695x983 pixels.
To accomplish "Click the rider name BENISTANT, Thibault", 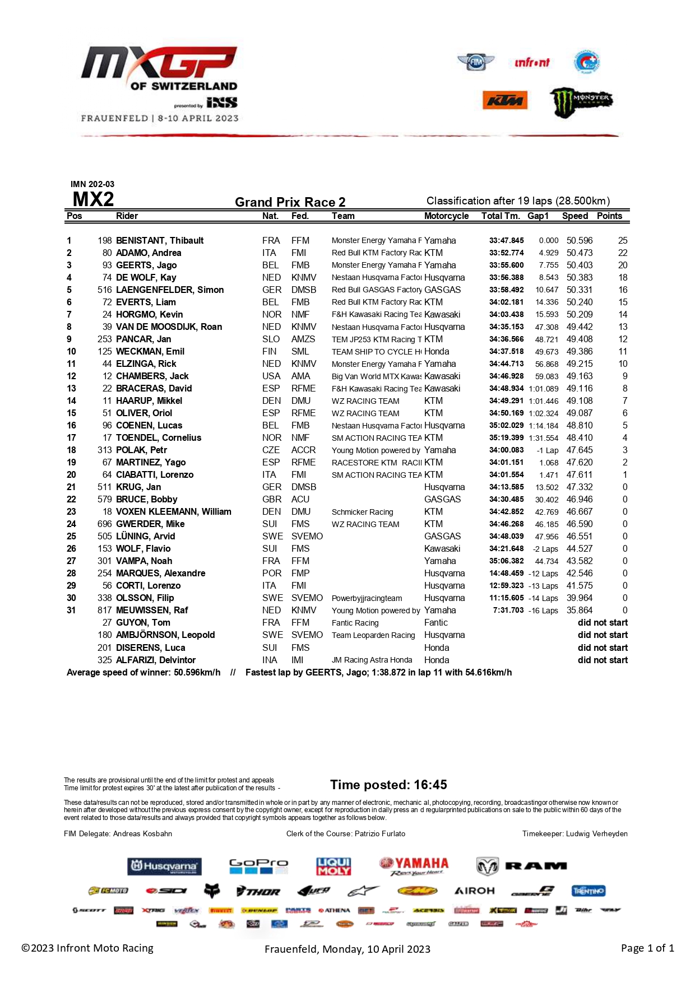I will (159, 240).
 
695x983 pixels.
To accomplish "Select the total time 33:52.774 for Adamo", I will (506, 253).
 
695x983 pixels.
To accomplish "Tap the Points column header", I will (609, 216).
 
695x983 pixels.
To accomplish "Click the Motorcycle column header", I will (446, 216).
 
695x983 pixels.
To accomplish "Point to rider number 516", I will (105, 290).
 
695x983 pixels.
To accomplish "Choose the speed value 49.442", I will (579, 327).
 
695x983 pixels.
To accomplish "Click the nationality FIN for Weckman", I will (269, 351).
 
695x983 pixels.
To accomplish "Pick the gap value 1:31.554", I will (543, 438).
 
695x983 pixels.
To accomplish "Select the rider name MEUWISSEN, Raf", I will (151, 610).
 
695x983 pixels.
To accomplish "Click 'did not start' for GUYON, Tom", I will (603, 622).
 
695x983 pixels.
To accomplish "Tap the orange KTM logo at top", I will (505, 100).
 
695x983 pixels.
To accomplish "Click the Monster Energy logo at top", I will (581, 102).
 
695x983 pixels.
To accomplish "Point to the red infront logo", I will (532, 62).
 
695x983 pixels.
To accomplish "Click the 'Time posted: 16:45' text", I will (388, 785).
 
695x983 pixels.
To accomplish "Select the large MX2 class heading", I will (93, 199).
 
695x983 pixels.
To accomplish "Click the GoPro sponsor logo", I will (258, 866).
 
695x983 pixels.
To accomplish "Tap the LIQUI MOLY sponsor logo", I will (333, 866).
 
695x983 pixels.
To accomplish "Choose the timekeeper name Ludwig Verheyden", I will (596, 833).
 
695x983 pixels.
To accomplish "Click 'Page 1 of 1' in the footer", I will (647, 948).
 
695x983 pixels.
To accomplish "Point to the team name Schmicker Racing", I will (362, 512).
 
